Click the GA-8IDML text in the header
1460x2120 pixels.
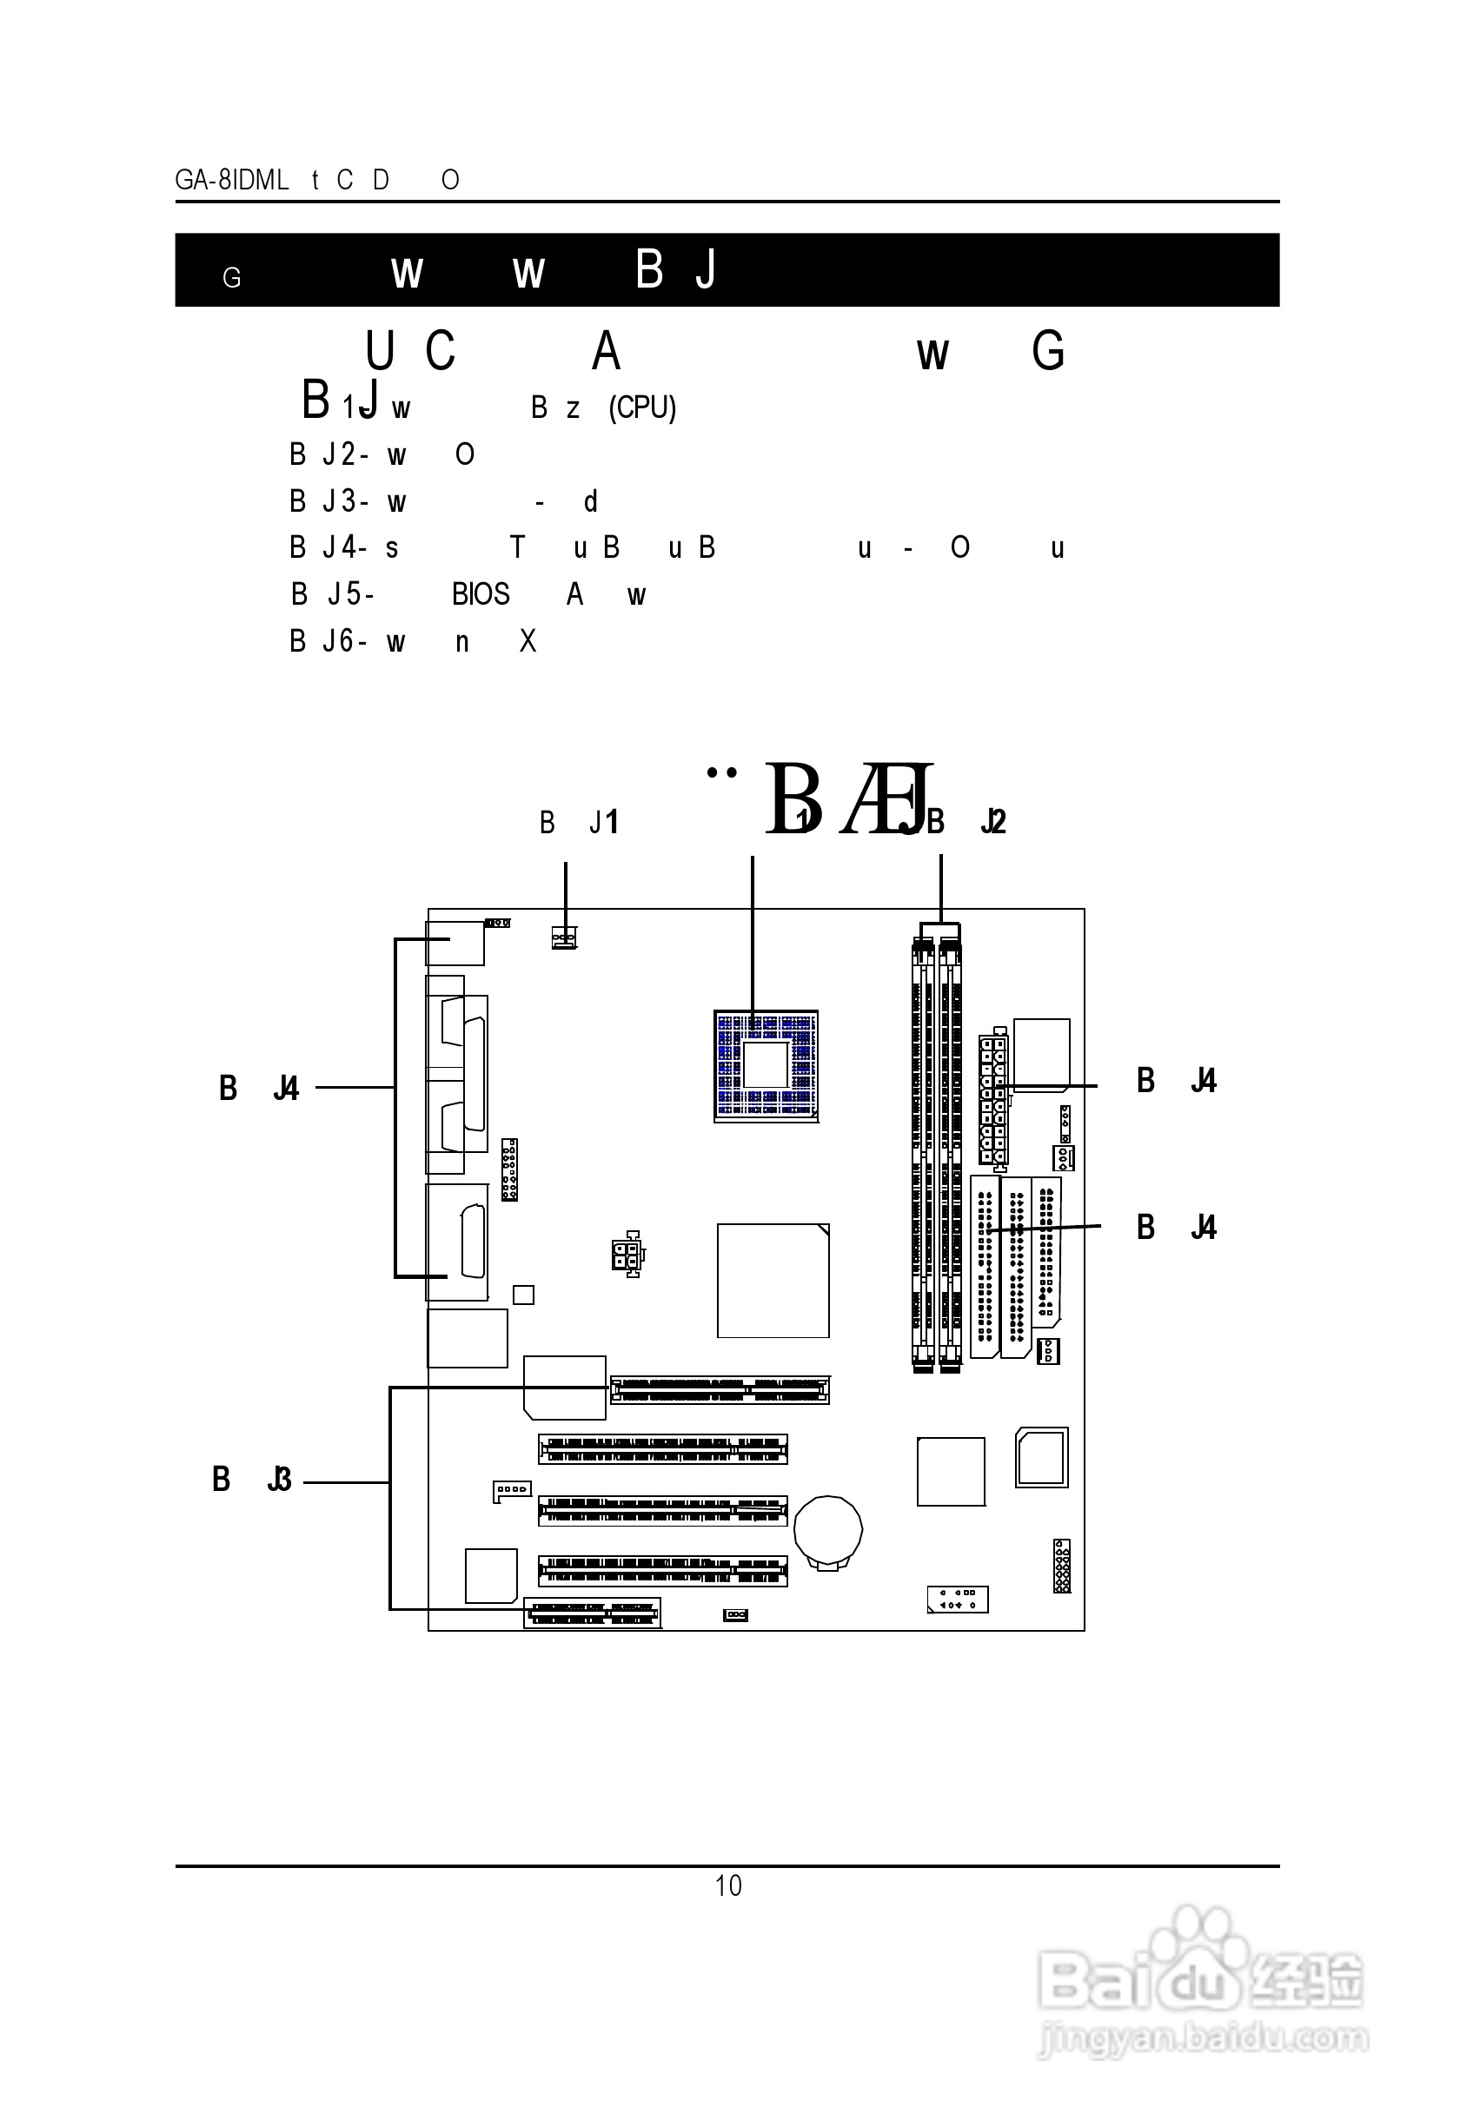pyautogui.click(x=231, y=180)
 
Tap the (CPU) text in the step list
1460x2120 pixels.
pyautogui.click(x=642, y=407)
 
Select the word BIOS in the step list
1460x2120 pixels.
pyautogui.click(x=481, y=594)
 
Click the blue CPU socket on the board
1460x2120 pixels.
pyautogui.click(x=766, y=1065)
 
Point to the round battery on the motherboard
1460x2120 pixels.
pyautogui.click(x=828, y=1530)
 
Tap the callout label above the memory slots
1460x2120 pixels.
pyautogui.click(x=967, y=821)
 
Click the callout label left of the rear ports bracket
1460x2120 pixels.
pyautogui.click(x=259, y=1089)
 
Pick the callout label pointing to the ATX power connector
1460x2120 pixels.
pyautogui.click(x=1177, y=1081)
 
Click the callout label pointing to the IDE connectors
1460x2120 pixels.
pyautogui.click(x=1177, y=1228)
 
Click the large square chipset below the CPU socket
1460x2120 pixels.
pyautogui.click(x=773, y=1281)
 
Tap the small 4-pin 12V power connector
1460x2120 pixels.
pyautogui.click(x=627, y=1254)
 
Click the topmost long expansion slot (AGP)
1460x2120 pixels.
pyautogui.click(x=720, y=1390)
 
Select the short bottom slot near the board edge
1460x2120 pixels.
pyautogui.click(x=593, y=1613)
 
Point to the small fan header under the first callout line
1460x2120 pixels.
pyautogui.click(x=564, y=937)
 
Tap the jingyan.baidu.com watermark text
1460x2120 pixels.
pyautogui.click(x=1204, y=2038)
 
